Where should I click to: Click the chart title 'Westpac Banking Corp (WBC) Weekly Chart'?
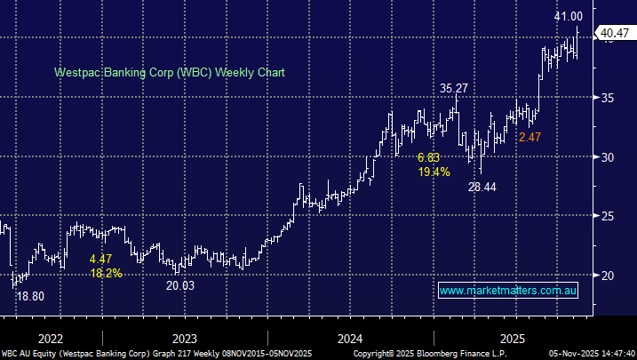click(169, 72)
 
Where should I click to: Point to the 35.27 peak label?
click(455, 88)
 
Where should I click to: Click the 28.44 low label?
click(483, 187)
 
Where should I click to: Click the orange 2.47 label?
click(530, 137)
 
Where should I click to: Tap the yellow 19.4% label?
click(434, 172)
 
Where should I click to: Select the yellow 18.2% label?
click(106, 273)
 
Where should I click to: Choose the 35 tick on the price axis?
click(606, 98)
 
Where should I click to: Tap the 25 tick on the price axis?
click(606, 216)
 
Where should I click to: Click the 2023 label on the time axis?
click(184, 339)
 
